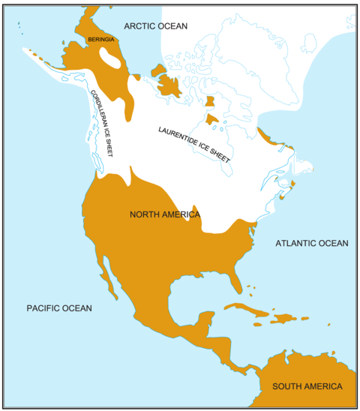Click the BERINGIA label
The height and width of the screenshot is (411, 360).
click(x=100, y=40)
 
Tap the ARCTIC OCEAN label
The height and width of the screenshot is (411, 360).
click(x=156, y=26)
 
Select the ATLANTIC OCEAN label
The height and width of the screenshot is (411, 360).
click(x=311, y=243)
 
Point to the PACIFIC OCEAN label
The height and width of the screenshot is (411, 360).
click(x=59, y=308)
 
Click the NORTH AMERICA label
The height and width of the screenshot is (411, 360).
click(x=165, y=215)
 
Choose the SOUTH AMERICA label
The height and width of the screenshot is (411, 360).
click(x=307, y=386)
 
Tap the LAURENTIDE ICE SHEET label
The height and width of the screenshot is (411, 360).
click(x=193, y=145)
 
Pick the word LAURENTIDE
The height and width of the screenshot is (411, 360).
click(x=177, y=136)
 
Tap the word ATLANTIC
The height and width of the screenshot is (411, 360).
click(x=296, y=243)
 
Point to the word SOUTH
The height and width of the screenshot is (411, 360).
click(x=286, y=386)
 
